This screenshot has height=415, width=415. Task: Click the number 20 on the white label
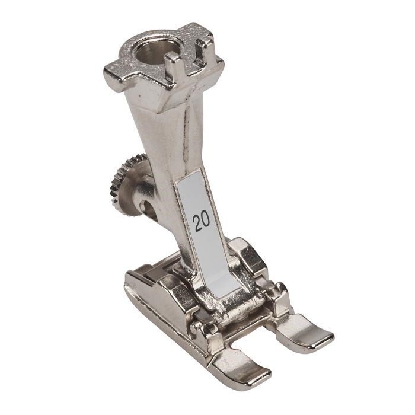pos(201,222)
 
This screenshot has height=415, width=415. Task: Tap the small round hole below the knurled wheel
pos(149,207)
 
